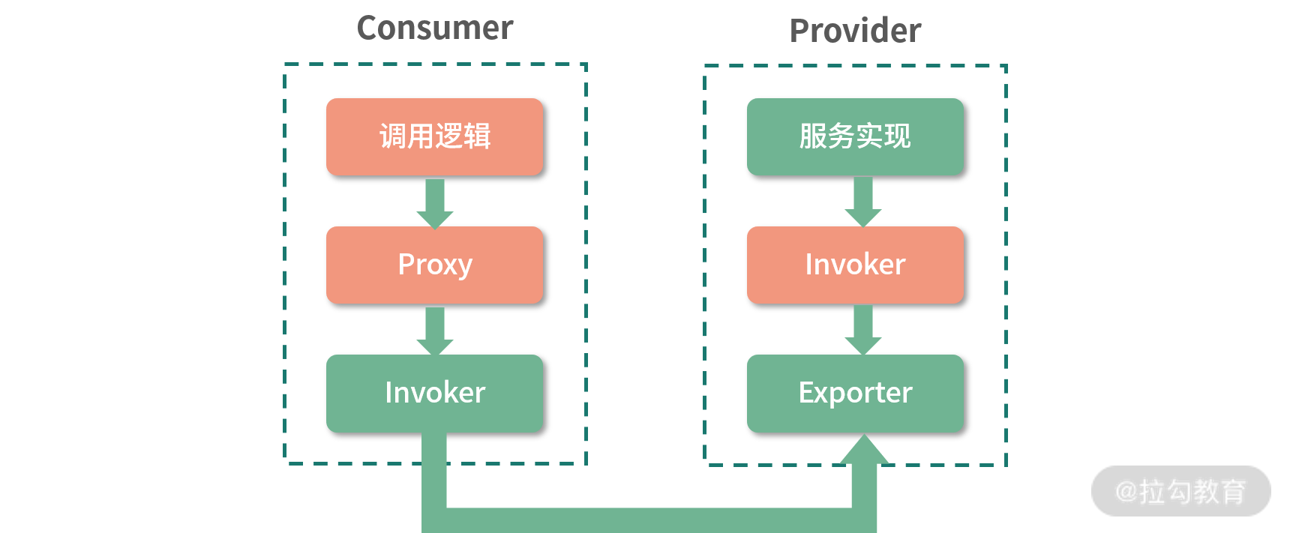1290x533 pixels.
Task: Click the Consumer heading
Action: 435,28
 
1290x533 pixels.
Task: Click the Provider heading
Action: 855,31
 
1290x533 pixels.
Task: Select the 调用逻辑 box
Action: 435,137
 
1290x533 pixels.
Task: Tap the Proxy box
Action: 435,265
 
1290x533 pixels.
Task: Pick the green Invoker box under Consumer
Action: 435,394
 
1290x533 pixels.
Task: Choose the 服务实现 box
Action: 855,137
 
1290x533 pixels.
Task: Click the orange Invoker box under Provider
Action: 855,265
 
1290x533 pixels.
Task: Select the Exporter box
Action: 855,394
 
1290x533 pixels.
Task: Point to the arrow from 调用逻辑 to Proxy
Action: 435,202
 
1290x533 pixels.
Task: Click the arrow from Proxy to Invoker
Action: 435,331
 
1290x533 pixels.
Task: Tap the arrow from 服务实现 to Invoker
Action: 863,202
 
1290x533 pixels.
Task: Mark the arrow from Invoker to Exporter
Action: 863,330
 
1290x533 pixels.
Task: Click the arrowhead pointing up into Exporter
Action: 864,451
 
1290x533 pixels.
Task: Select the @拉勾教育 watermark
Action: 1180,492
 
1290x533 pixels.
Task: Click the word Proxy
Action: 435,265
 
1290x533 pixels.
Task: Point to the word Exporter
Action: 855,394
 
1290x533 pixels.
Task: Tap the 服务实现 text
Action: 855,137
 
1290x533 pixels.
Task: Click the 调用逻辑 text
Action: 435,137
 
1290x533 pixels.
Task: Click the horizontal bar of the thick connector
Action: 649,520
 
